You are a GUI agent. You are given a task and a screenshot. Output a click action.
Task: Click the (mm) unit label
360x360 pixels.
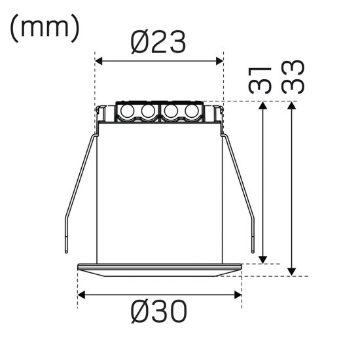(x=45, y=27)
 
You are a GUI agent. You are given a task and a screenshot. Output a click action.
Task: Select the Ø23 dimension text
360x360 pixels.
(x=159, y=43)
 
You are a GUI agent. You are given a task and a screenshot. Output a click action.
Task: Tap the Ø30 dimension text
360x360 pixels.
(x=159, y=313)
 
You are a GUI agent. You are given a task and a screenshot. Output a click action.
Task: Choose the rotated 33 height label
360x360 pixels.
(x=293, y=78)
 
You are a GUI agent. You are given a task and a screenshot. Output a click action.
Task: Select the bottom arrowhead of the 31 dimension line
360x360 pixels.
(x=264, y=259)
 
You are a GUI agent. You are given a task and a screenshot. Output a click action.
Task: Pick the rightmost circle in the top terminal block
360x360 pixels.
(x=191, y=112)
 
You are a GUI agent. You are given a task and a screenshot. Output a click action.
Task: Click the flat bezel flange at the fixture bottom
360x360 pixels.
(x=160, y=269)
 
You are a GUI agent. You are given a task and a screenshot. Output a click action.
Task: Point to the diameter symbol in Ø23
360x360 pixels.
(x=140, y=43)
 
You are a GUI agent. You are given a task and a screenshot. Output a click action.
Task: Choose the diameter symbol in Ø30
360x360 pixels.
(x=140, y=313)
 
